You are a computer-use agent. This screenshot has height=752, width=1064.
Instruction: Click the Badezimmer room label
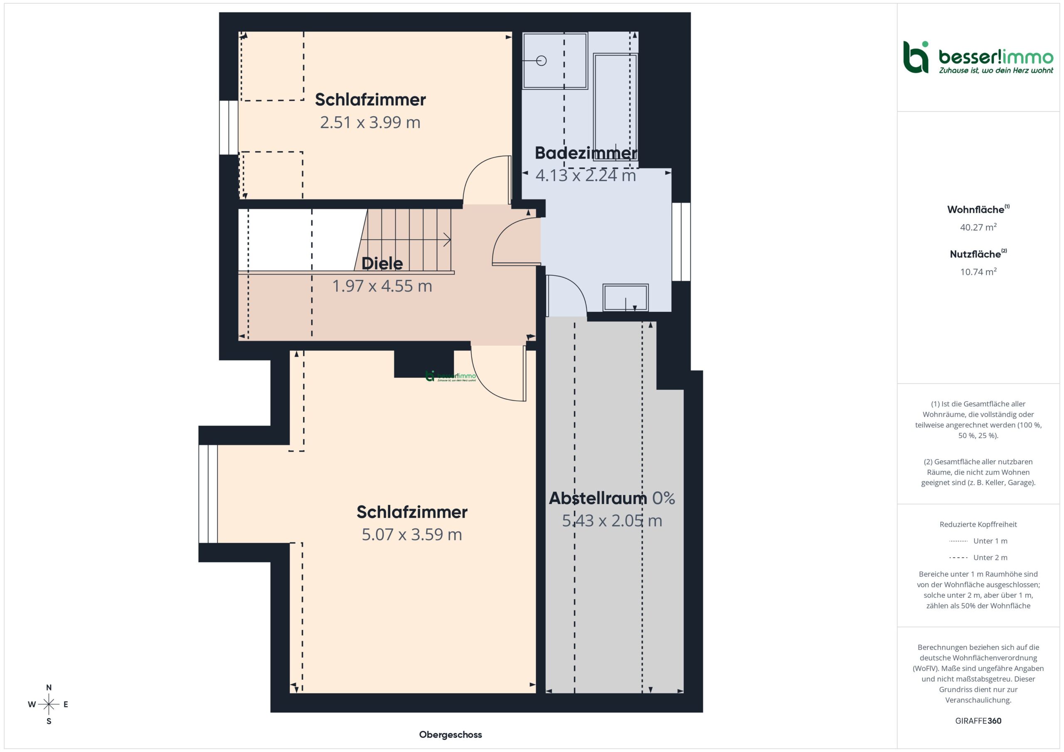[586, 153]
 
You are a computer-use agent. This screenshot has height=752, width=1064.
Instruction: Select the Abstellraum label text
[598, 498]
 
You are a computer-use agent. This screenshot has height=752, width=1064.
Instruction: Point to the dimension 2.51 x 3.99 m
[370, 122]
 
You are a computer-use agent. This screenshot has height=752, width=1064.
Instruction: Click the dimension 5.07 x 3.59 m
[412, 534]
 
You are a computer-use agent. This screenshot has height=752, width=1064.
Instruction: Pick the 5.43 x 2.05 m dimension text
[612, 521]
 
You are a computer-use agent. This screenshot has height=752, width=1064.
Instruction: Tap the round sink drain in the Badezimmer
[541, 61]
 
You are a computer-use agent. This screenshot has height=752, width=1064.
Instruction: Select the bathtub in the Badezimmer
[616, 107]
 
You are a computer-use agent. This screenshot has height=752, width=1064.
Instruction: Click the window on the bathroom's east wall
[681, 242]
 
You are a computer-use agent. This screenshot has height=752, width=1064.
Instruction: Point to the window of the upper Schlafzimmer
[229, 127]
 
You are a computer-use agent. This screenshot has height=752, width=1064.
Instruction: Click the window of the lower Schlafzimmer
[208, 494]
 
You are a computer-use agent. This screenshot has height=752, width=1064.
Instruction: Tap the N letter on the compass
[49, 688]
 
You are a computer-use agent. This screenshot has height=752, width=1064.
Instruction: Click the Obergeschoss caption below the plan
[451, 735]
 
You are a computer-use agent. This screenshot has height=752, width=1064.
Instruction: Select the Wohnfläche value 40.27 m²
[978, 227]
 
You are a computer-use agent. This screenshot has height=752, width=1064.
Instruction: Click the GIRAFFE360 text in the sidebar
[978, 721]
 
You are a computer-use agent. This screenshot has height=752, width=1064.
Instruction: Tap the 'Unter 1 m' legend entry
[978, 541]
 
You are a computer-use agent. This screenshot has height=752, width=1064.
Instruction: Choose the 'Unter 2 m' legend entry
[978, 558]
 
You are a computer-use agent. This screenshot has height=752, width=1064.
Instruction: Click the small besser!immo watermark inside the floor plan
[451, 376]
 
